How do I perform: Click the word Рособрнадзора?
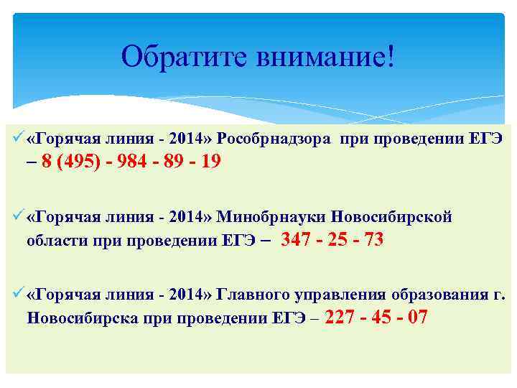click(x=274, y=138)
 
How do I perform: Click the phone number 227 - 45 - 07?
click(x=376, y=317)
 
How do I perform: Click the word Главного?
click(x=248, y=295)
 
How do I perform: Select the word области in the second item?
click(x=55, y=240)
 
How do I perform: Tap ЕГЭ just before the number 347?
click(x=240, y=240)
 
